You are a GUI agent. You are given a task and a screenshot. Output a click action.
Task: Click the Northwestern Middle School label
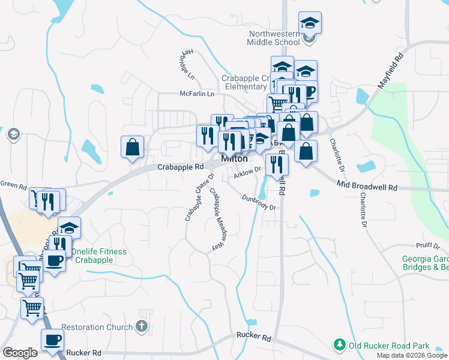pos(274,38)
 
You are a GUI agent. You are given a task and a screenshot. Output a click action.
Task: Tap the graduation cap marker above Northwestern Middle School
pos(310,23)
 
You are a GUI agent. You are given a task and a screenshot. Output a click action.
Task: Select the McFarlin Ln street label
pos(197,94)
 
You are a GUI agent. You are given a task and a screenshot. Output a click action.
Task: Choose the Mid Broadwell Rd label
pos(367,187)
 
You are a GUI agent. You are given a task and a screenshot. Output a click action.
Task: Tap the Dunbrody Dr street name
pos(259,202)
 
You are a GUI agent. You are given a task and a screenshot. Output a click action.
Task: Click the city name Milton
pos(235,159)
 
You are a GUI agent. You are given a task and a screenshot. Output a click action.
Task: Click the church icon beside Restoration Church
pos(142,327)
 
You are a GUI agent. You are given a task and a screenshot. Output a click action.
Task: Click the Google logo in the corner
pos(20,353)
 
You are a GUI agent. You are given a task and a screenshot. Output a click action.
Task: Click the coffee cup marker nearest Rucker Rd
pos(52,340)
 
